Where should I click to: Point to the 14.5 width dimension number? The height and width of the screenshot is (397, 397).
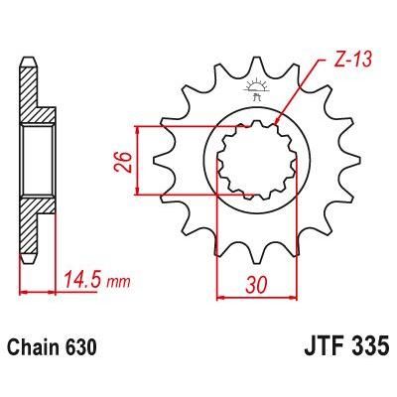80,281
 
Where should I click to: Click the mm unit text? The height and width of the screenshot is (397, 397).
118,283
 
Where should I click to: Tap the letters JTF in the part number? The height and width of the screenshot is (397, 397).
317,351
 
